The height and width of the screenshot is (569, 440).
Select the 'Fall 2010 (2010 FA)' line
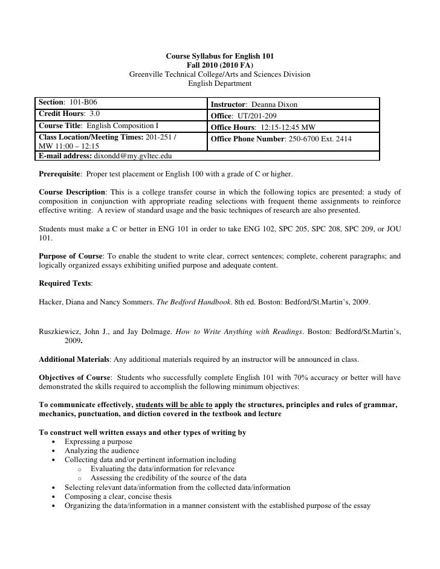click(x=220, y=65)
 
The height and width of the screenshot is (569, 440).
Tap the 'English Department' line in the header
click(x=220, y=83)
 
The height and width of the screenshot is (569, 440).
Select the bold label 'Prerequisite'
click(x=59, y=174)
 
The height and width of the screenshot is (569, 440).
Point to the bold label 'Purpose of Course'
click(x=70, y=256)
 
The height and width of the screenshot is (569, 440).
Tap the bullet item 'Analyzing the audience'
click(x=102, y=451)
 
